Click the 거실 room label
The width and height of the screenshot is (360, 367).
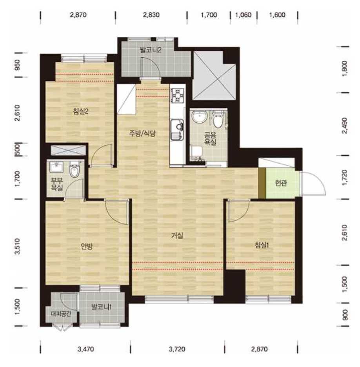point(177,235)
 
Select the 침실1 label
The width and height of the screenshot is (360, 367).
point(262,245)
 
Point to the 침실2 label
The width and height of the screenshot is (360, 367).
point(80,111)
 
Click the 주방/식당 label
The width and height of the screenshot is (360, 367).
point(142,133)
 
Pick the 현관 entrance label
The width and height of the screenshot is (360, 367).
point(281,183)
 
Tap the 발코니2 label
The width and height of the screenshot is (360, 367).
point(151,50)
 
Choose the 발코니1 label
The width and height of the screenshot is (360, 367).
point(101,307)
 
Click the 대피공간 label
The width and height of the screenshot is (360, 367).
point(61,314)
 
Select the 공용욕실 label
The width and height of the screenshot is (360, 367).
point(210,138)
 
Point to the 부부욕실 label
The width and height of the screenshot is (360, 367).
point(57,184)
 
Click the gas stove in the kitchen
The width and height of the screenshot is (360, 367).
point(177,95)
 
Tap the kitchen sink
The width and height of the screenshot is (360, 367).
point(177,130)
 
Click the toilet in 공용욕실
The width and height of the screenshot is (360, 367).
point(218,120)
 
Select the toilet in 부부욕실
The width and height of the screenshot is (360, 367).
point(75,170)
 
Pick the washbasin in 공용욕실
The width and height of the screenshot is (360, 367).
point(198,116)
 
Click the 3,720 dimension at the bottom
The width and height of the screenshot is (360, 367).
point(177,349)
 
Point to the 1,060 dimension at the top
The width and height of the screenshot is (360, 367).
point(243,15)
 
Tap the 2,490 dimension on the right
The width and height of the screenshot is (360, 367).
point(345,125)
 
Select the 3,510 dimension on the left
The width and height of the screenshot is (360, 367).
point(18,246)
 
